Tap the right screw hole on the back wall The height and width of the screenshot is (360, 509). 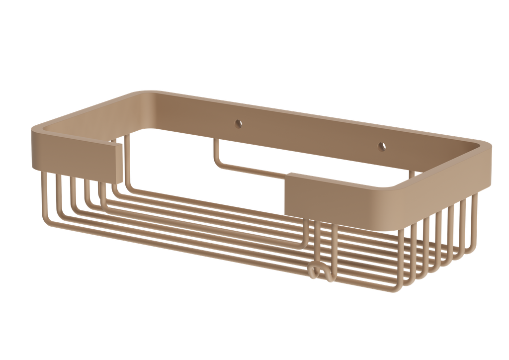[382, 146]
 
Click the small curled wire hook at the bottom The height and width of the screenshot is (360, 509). [315, 271]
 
